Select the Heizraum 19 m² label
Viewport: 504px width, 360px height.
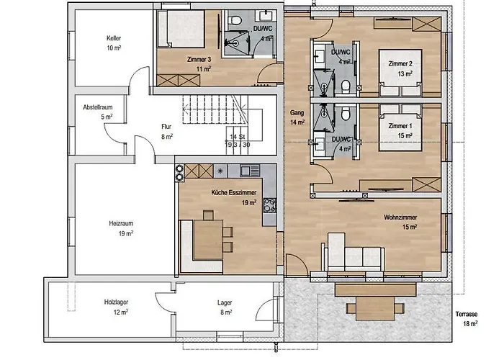click(121, 228)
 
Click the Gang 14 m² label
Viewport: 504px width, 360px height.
click(297, 117)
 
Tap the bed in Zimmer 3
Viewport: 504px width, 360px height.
click(181, 29)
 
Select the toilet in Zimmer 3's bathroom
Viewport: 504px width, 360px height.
click(235, 20)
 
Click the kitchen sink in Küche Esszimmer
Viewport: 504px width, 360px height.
click(250, 171)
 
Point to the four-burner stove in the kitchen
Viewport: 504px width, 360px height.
click(270, 206)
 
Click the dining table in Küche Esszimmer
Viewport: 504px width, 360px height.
click(208, 240)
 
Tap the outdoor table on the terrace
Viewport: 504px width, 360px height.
click(375, 309)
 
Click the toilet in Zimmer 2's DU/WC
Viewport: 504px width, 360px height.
click(346, 86)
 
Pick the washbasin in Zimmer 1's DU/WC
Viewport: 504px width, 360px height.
click(320, 145)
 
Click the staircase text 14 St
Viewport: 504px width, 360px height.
click(237, 137)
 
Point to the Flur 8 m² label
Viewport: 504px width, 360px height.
click(167, 132)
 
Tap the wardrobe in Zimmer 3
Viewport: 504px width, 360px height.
click(179, 81)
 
